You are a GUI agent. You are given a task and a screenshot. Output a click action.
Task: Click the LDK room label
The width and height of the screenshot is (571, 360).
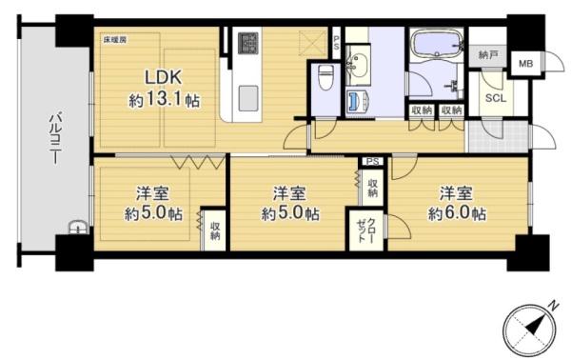[x=163, y=77]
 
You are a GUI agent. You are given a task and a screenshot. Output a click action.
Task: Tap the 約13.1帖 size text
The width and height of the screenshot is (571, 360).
[x=165, y=99]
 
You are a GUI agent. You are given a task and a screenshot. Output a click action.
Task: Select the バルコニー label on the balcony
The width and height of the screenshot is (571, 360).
[x=55, y=138]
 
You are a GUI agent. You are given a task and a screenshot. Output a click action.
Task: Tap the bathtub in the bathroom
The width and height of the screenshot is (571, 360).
[x=436, y=44]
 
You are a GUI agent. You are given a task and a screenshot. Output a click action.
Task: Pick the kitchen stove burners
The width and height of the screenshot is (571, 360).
[x=248, y=44]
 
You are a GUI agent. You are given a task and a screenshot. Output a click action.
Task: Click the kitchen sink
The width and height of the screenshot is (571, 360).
[x=248, y=98]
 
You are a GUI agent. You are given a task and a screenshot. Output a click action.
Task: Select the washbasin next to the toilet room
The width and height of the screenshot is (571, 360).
[x=358, y=66]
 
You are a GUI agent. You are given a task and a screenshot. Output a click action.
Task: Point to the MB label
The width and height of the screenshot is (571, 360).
[x=526, y=64]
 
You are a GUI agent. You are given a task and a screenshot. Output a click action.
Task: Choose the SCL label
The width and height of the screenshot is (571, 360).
[x=496, y=98]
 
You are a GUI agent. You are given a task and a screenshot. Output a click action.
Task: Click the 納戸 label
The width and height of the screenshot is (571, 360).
[x=487, y=55]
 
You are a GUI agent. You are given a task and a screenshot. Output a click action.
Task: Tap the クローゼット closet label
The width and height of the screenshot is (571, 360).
[x=366, y=230]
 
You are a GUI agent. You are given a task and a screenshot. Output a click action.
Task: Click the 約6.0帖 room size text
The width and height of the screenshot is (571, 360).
[x=457, y=213]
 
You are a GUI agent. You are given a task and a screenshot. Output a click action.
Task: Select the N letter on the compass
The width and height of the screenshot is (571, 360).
[x=554, y=306]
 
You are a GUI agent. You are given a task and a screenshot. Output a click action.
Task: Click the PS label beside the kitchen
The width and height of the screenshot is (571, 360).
[x=336, y=43]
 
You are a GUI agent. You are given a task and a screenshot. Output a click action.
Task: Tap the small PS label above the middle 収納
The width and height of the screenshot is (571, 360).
[x=372, y=161]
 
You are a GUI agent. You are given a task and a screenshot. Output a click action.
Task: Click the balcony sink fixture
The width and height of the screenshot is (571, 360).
[x=78, y=228]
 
